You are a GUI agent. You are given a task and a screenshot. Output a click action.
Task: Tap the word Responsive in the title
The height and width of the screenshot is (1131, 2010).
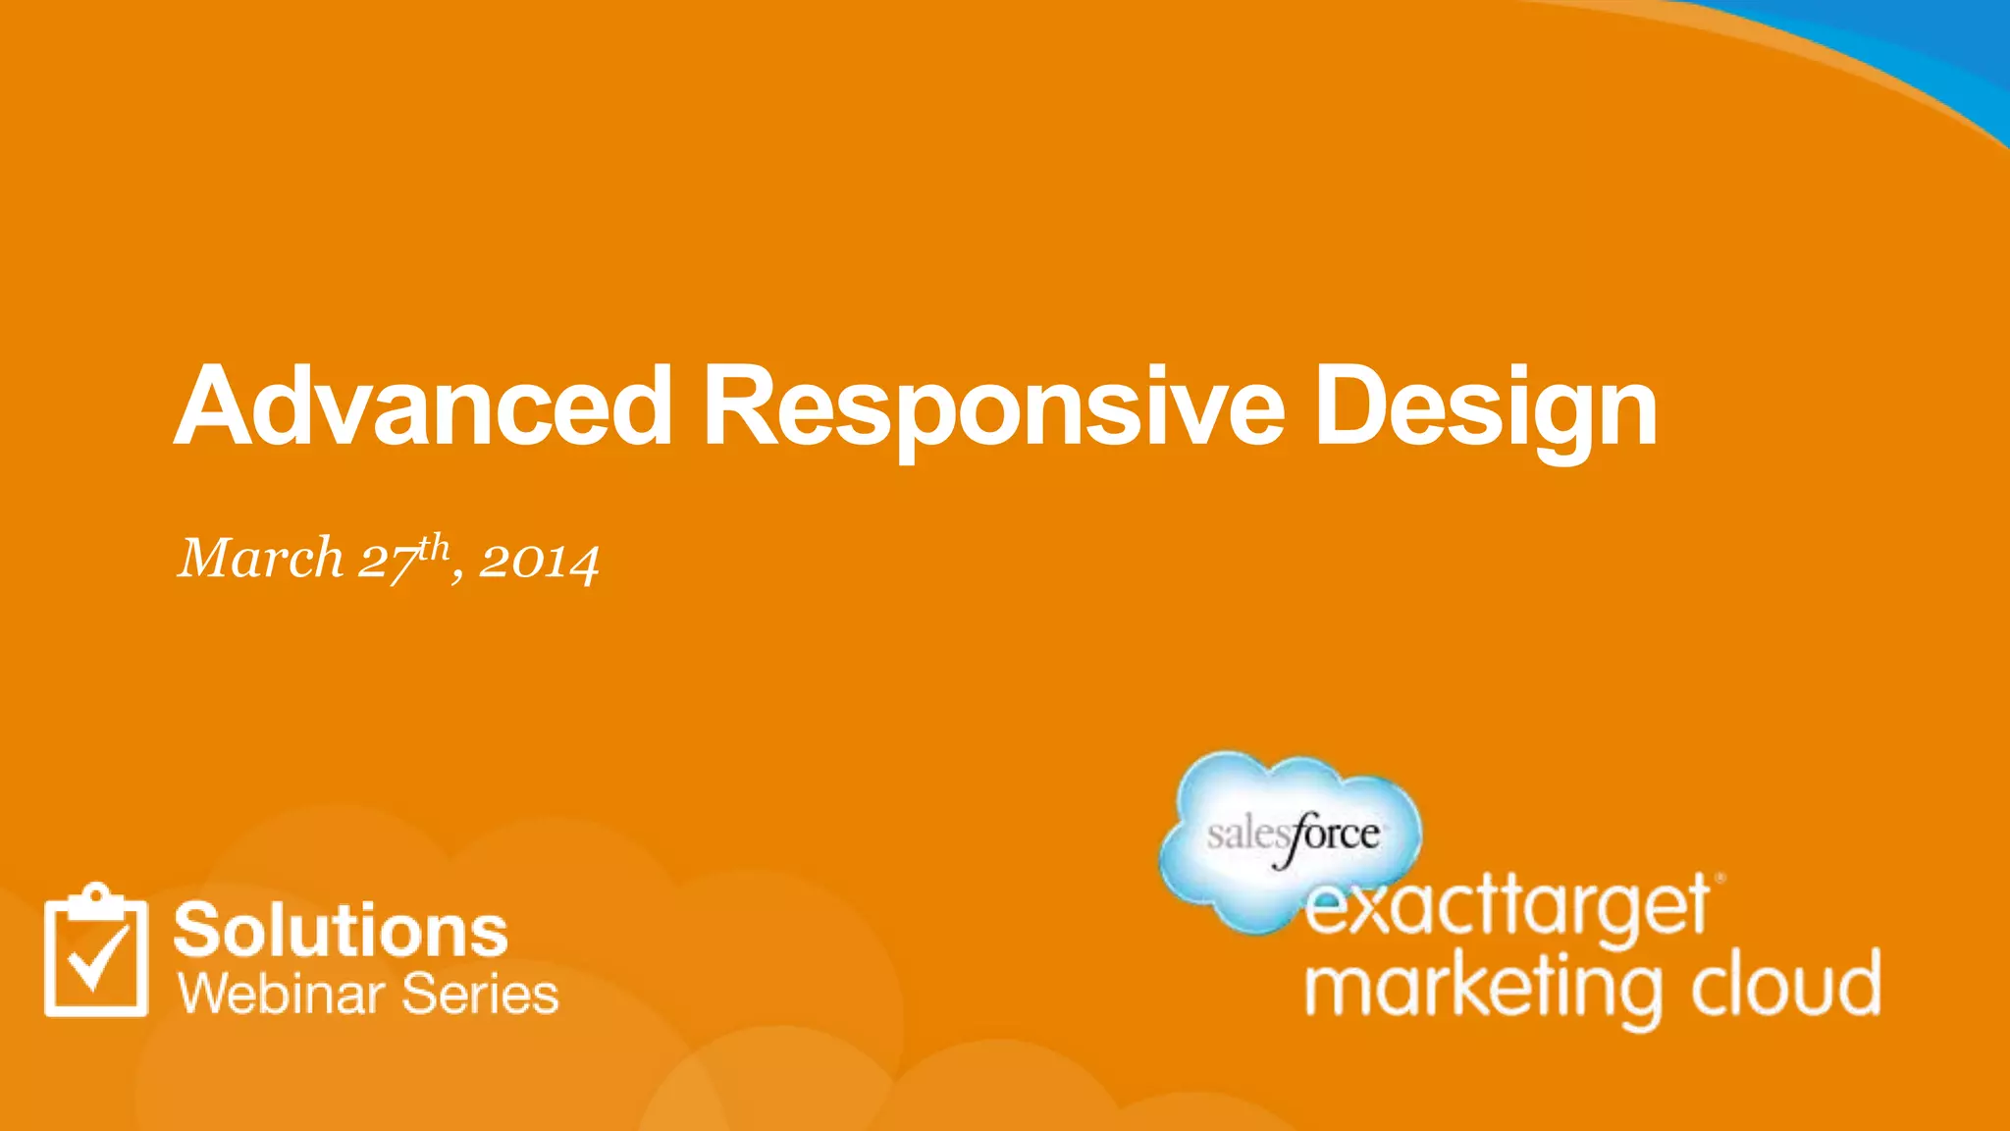click(993, 407)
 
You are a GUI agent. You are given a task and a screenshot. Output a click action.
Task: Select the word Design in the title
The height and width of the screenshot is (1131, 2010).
click(1485, 407)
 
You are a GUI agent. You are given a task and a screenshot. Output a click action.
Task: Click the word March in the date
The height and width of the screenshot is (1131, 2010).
click(260, 559)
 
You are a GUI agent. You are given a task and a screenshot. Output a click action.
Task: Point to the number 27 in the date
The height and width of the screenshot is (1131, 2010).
click(386, 563)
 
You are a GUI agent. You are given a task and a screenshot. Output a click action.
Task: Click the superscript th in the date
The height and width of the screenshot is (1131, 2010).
click(433, 546)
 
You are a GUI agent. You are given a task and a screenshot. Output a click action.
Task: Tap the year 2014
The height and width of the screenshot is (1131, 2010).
click(539, 562)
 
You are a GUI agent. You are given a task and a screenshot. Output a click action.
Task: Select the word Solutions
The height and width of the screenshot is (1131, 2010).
click(341, 930)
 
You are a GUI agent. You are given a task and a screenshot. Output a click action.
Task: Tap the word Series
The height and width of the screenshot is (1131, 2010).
click(480, 994)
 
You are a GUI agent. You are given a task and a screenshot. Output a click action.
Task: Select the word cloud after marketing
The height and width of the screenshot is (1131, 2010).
click(1784, 985)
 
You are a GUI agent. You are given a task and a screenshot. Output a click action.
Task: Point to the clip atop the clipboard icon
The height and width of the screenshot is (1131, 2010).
click(96, 893)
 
